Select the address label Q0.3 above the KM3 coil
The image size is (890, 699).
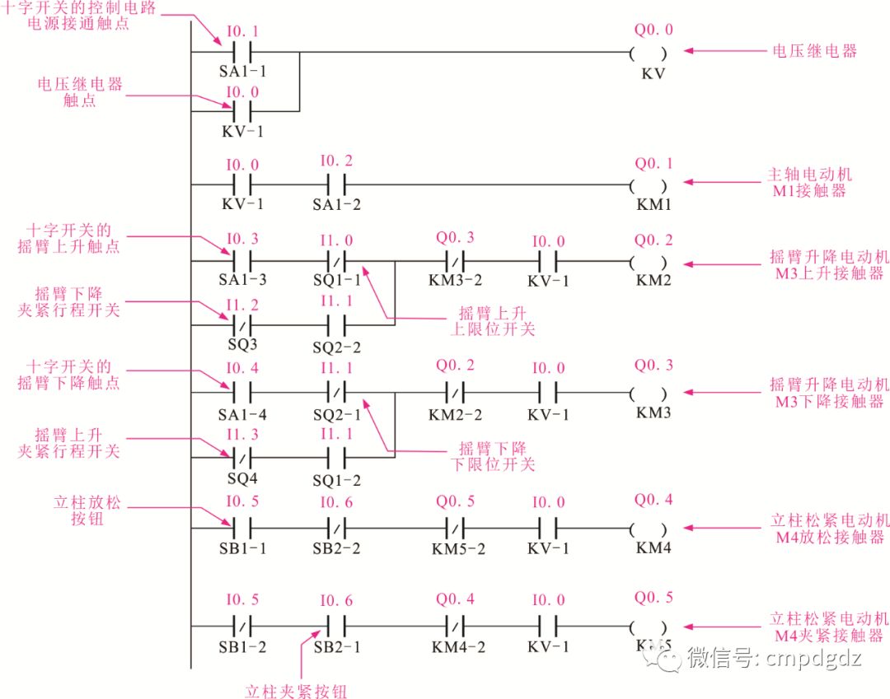coord(653,364)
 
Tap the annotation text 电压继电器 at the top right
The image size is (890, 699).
coord(814,51)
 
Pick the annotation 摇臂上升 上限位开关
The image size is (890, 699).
coord(493,322)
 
